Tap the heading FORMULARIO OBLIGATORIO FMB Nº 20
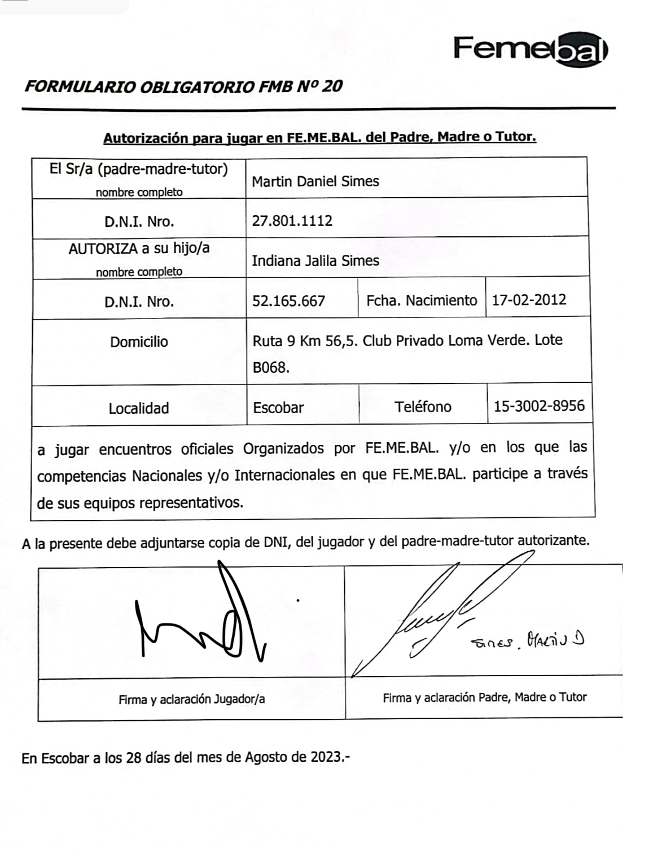(183, 86)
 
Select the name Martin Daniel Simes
(315, 181)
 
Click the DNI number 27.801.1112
(292, 220)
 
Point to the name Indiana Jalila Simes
(315, 261)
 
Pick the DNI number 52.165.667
(288, 301)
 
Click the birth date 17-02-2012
(529, 299)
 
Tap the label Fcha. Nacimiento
(422, 300)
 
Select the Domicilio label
(139, 342)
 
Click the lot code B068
(271, 368)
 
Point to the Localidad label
(139, 408)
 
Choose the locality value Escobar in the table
(278, 408)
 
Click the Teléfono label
(423, 407)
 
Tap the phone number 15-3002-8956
(539, 406)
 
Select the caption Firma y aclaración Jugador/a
(191, 700)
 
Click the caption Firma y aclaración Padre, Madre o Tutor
(484, 697)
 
